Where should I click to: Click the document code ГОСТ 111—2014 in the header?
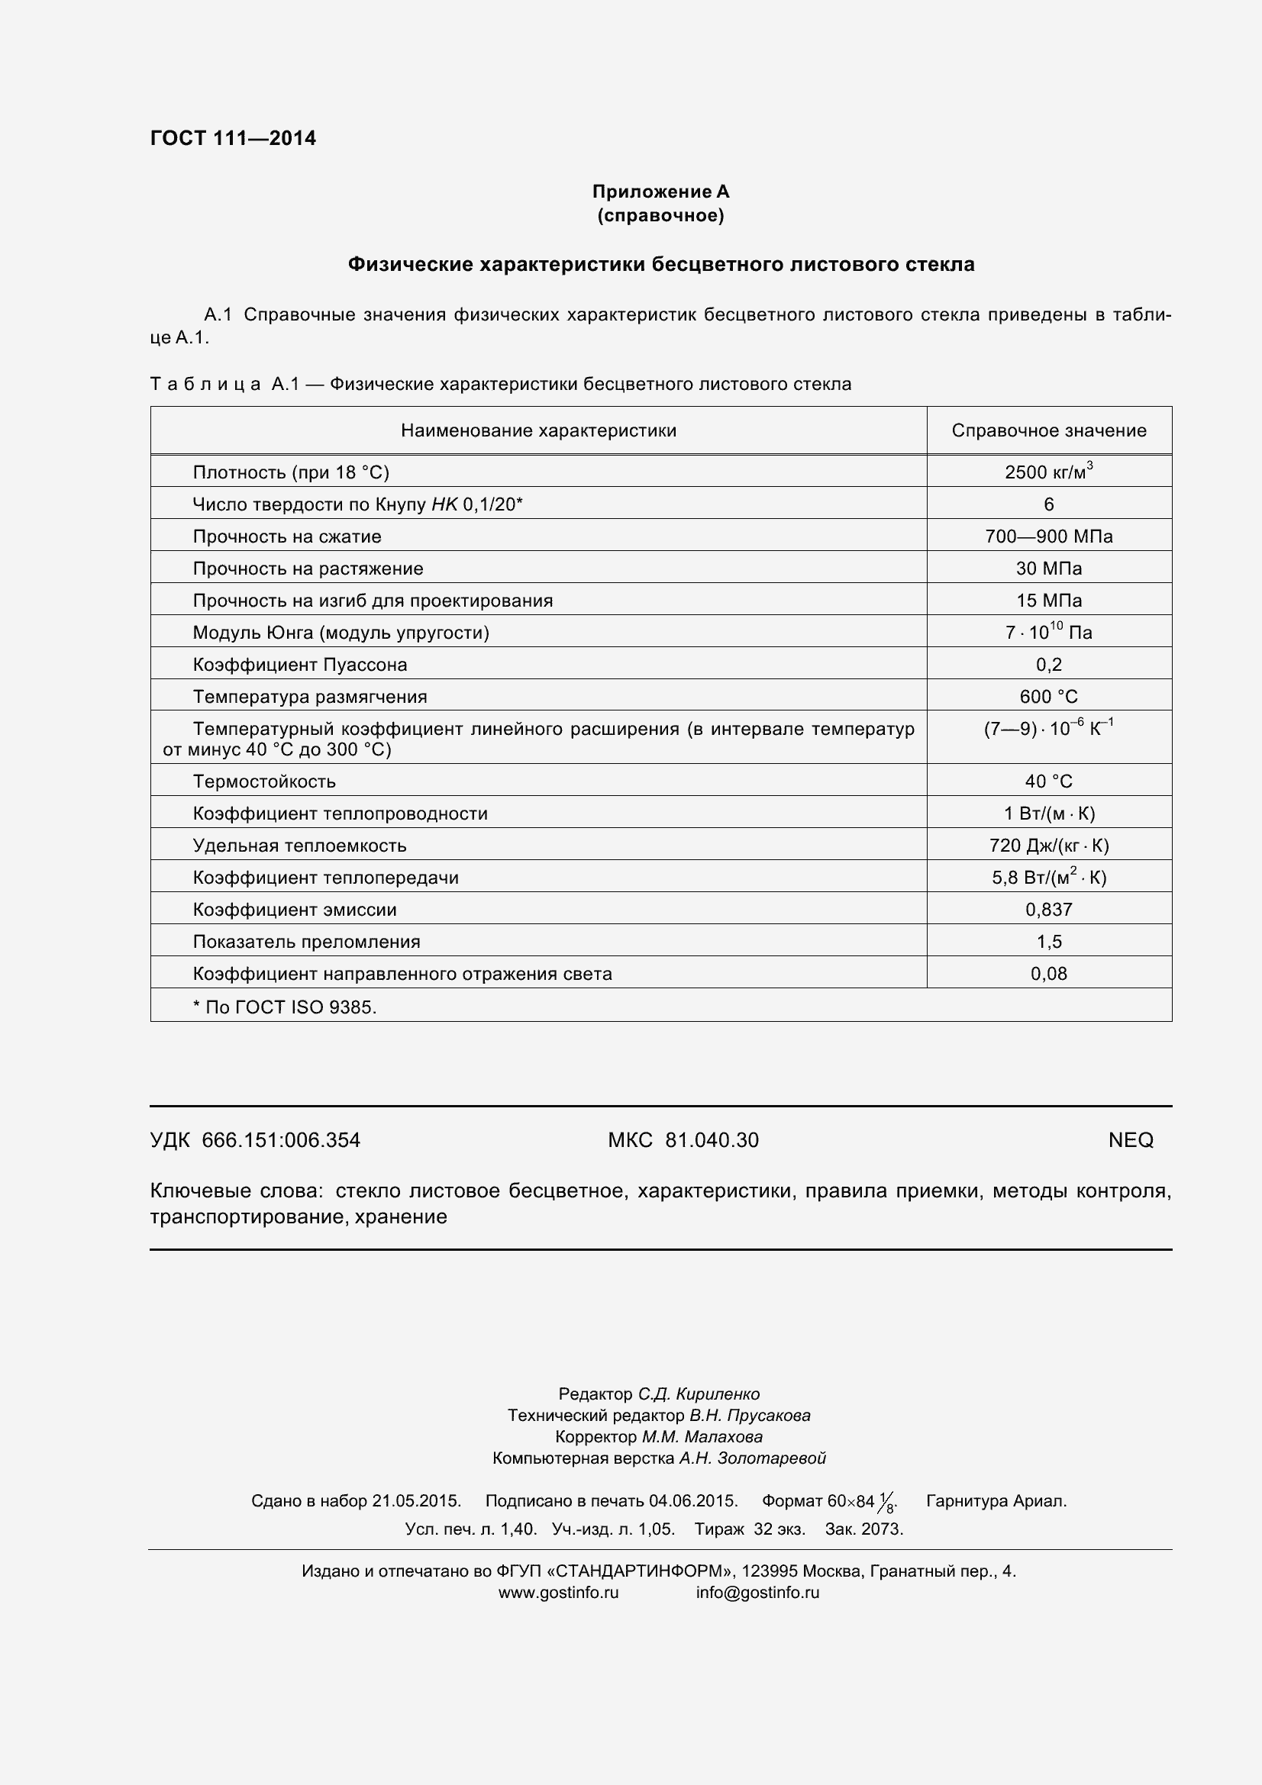233,138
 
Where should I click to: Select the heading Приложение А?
660,192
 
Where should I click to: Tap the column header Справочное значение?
1048,430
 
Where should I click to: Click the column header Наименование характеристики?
538,430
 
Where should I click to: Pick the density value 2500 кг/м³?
1048,472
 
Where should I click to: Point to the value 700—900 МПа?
1048,536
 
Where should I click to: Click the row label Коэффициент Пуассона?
299,665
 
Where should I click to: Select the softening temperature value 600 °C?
1048,697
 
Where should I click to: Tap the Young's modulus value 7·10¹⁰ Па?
1048,632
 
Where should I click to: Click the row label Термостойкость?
264,781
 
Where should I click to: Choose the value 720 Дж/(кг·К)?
1048,846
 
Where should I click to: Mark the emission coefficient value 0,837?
1048,910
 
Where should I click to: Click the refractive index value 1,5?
1048,942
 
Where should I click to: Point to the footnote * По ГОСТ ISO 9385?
285,1007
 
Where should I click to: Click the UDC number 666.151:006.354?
281,1140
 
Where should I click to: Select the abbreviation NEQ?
1130,1139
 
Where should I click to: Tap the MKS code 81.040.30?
712,1140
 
